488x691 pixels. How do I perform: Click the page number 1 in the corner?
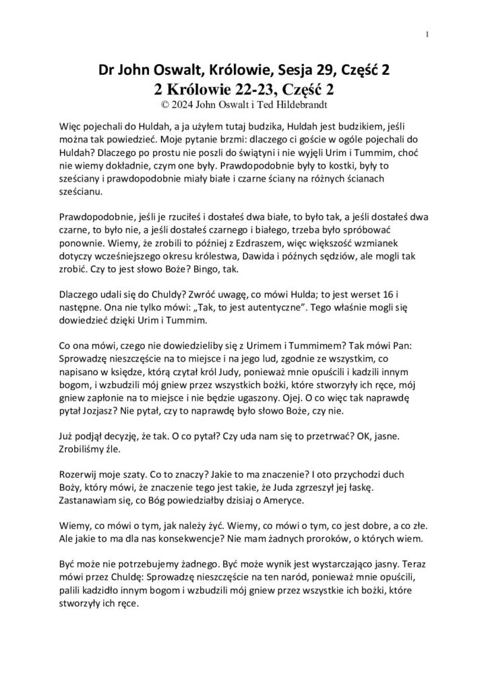[429, 35]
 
